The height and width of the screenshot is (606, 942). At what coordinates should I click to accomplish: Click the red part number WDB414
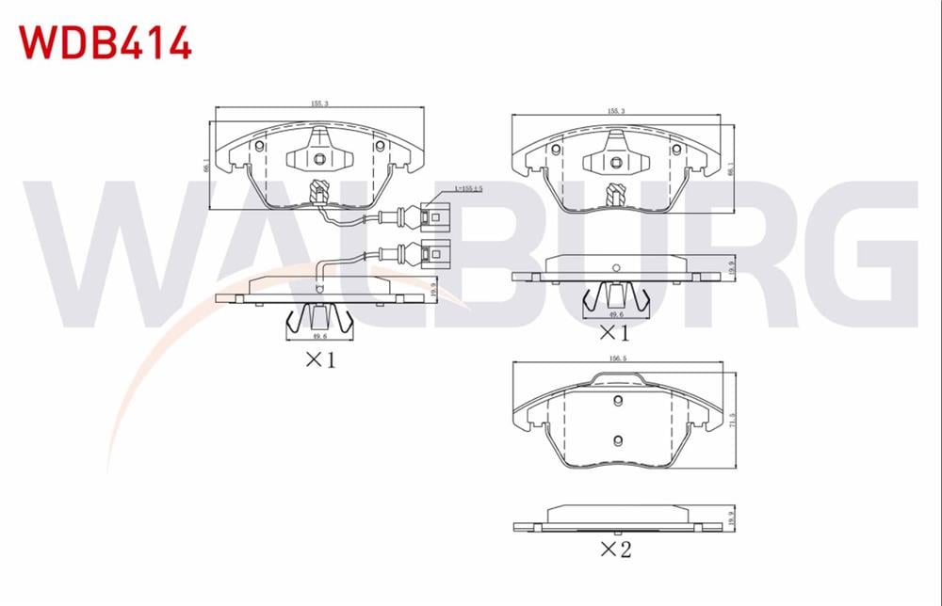tap(105, 43)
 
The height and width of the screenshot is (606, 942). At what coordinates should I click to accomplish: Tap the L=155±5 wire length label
tap(468, 189)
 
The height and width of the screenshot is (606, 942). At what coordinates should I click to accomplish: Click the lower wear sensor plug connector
tap(434, 253)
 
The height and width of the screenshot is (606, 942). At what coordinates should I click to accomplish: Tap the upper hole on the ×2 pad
tap(618, 402)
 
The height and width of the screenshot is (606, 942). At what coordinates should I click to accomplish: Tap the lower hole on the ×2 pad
tap(618, 439)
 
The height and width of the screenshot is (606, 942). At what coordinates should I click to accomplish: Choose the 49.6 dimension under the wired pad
tap(320, 335)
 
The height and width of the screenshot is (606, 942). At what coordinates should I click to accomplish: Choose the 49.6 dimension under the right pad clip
tap(616, 315)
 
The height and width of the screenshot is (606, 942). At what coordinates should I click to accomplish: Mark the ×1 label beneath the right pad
tap(613, 331)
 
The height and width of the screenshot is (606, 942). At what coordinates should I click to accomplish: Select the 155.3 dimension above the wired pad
tap(319, 104)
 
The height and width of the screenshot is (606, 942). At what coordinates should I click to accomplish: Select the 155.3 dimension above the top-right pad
tap(616, 112)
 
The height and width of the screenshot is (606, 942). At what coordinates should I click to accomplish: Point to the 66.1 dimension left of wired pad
tap(206, 164)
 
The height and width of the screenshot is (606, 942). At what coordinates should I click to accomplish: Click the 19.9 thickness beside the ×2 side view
tap(732, 518)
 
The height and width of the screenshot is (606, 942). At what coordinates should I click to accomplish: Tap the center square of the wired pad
tap(319, 158)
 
